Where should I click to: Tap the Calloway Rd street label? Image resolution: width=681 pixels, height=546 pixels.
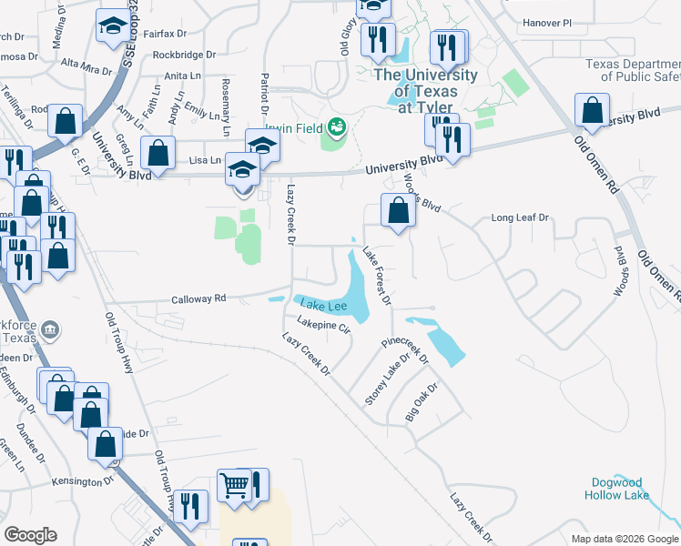pos(198,298)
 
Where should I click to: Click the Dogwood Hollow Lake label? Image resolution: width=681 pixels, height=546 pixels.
pos(617,489)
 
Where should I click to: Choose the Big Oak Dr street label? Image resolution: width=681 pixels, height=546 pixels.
pos(422,403)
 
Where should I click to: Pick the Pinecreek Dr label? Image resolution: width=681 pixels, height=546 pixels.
pos(404,349)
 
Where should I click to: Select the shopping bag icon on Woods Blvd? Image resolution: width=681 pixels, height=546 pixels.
pos(399,211)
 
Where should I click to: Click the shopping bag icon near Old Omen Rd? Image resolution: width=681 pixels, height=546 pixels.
pos(593,110)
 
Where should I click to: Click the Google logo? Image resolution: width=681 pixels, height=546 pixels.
pos(31,535)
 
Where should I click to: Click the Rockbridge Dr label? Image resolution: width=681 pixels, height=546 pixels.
pos(184,55)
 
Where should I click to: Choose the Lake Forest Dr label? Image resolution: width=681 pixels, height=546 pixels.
pos(377,276)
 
